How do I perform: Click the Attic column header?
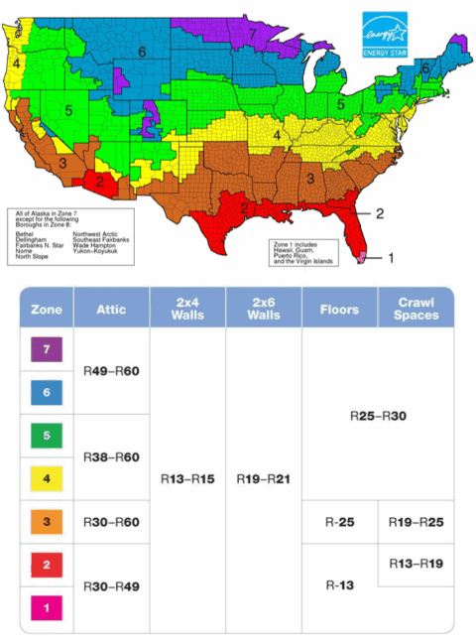pos(111,310)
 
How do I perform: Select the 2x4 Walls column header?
pos(187,309)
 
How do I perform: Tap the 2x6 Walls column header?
pos(263,309)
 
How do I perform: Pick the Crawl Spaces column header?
pos(416,309)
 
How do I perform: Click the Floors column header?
pos(339,310)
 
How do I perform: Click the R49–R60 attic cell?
pos(111,371)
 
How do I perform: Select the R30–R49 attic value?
pos(111,585)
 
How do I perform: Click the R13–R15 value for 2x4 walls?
pos(187,478)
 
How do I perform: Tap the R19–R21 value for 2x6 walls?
pos(263,478)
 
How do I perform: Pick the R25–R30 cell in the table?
pos(378,415)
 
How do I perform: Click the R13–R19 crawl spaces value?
pos(416,563)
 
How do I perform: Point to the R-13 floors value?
pos(339,584)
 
